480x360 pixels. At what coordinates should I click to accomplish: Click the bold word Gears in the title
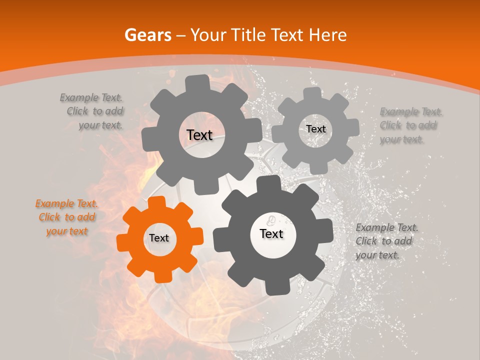pos(148,35)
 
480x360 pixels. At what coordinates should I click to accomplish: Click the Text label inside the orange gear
pos(159,238)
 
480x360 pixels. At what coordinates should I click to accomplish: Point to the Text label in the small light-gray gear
pos(315,129)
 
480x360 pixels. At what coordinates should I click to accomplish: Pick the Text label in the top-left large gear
pos(199,135)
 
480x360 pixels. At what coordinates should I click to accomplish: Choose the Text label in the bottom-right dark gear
pos(271,233)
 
